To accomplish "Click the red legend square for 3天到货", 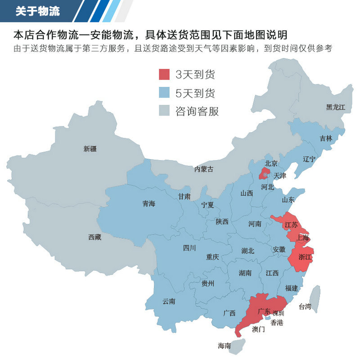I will pos(164,74).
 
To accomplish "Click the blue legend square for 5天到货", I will pos(164,93).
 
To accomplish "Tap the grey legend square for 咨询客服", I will pos(164,111).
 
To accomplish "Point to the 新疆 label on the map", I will pos(90,149).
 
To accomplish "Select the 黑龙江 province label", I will pos(335,107).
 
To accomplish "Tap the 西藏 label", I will pos(94,237).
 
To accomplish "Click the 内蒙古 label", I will pos(204,169).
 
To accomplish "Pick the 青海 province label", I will pos(148,204).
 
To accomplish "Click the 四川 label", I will pos(189,247).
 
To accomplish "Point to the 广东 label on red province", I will pos(265,311).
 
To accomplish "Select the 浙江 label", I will pos(305,257).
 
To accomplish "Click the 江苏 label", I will pos(291,224).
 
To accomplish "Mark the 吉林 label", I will pos(326,139).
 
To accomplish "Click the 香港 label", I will pos(277,323).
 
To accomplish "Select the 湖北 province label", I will pos(247,251).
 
